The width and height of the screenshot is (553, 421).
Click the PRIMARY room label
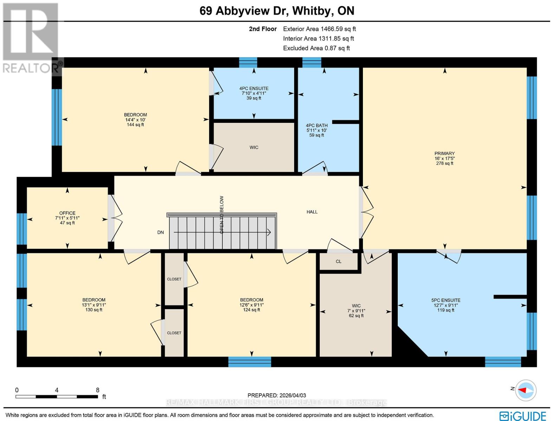pos(444,154)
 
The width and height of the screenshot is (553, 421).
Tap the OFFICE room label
pos(67,213)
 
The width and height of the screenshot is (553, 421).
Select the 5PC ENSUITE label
pos(446,300)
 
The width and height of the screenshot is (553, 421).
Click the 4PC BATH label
pos(317,125)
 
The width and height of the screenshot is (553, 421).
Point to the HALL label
pos(312,212)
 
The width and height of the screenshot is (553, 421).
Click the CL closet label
pos(338,261)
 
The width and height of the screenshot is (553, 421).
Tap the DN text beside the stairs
pos(161,232)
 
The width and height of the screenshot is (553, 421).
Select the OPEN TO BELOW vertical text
pos(222,215)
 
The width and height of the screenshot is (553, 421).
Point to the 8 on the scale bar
pos(98,390)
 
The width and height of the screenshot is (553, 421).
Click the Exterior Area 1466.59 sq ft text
pos(319,29)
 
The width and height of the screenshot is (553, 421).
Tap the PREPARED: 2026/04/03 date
pos(276,395)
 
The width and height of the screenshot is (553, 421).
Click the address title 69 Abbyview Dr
pos(245,11)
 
